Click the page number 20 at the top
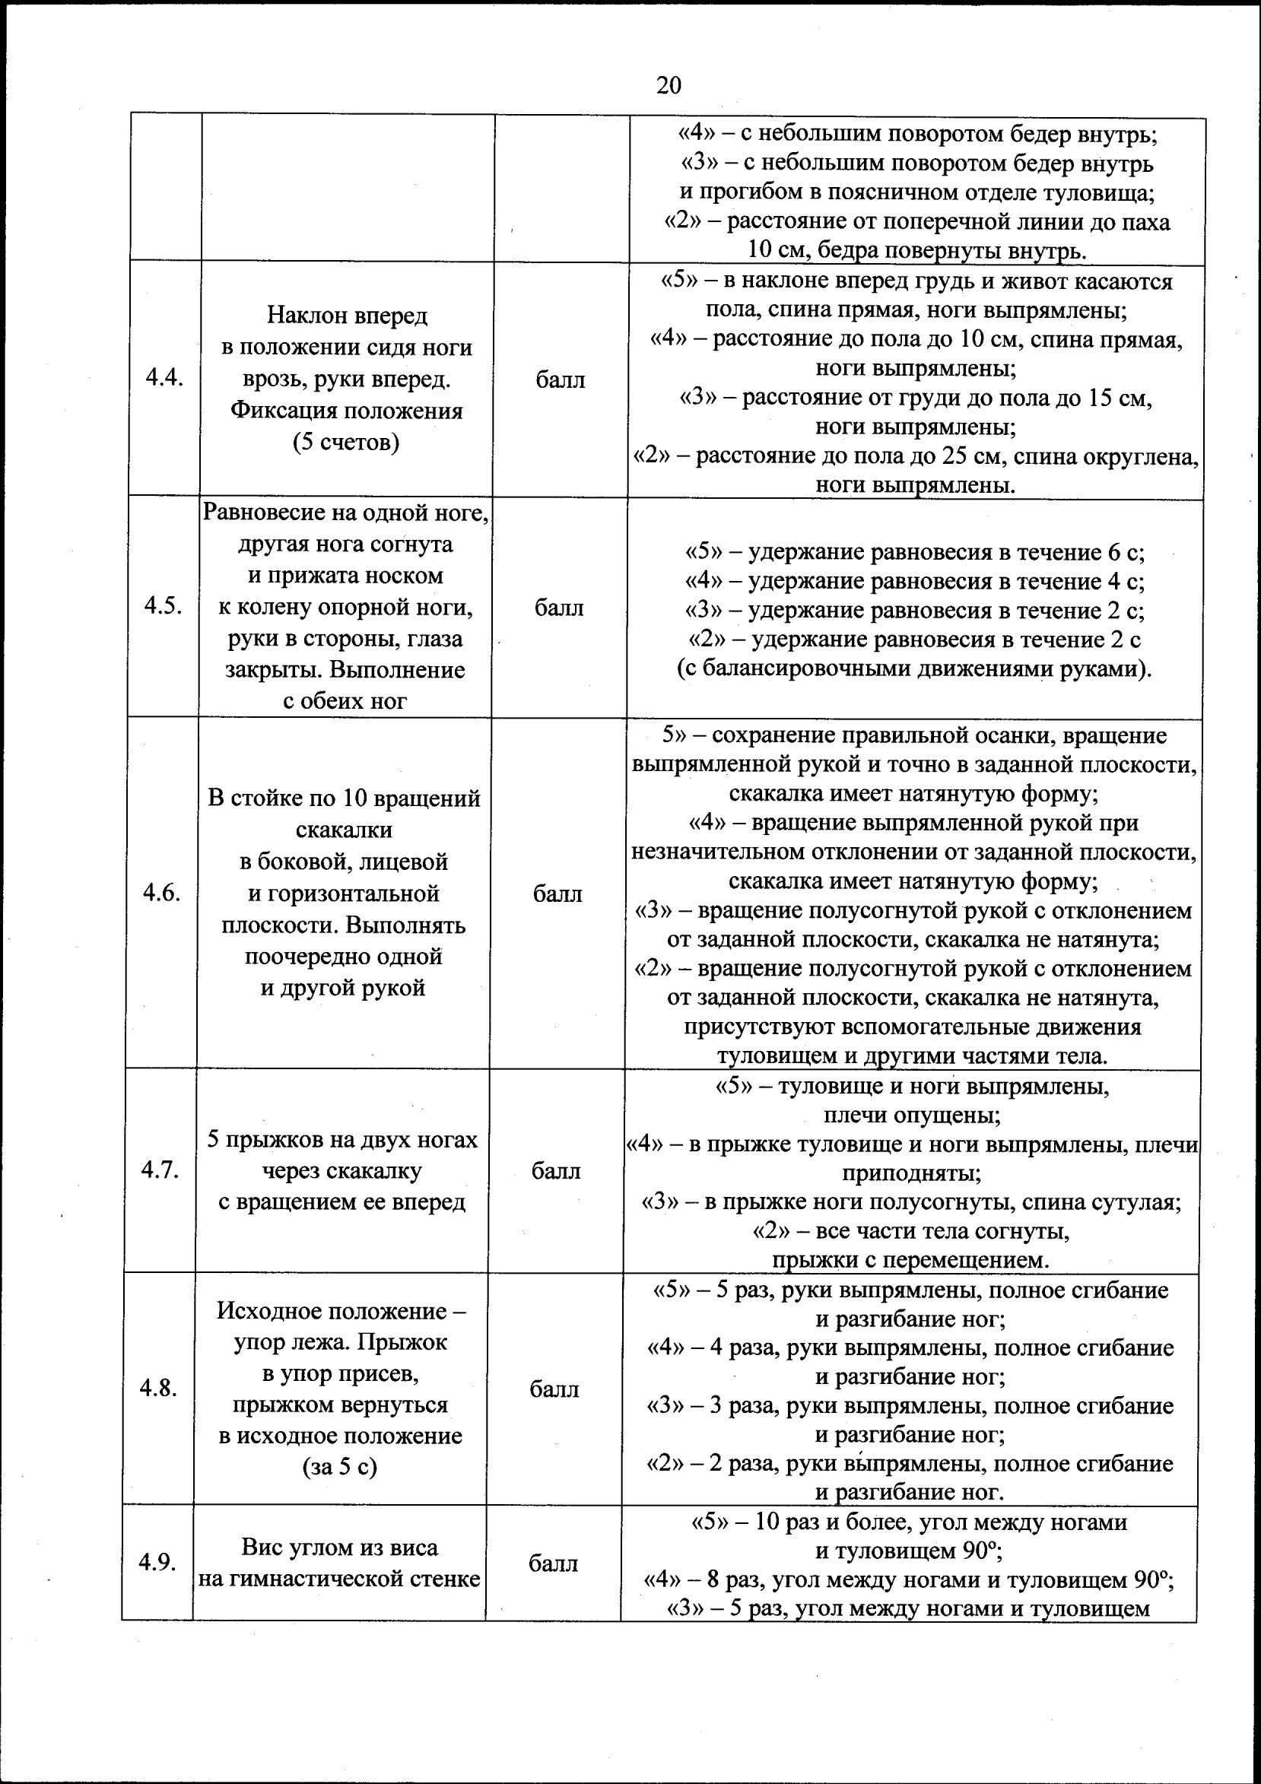[669, 84]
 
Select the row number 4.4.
[164, 379]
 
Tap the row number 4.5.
[163, 606]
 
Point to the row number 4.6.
[161, 893]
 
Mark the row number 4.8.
[158, 1389]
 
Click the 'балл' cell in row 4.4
[561, 379]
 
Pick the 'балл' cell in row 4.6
[557, 894]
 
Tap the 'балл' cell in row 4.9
[553, 1563]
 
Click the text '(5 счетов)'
[346, 443]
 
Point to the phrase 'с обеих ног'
[345, 701]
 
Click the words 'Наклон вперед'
[348, 315]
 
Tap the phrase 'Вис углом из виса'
[339, 1547]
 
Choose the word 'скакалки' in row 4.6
[345, 830]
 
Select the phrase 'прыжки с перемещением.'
[910, 1259]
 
